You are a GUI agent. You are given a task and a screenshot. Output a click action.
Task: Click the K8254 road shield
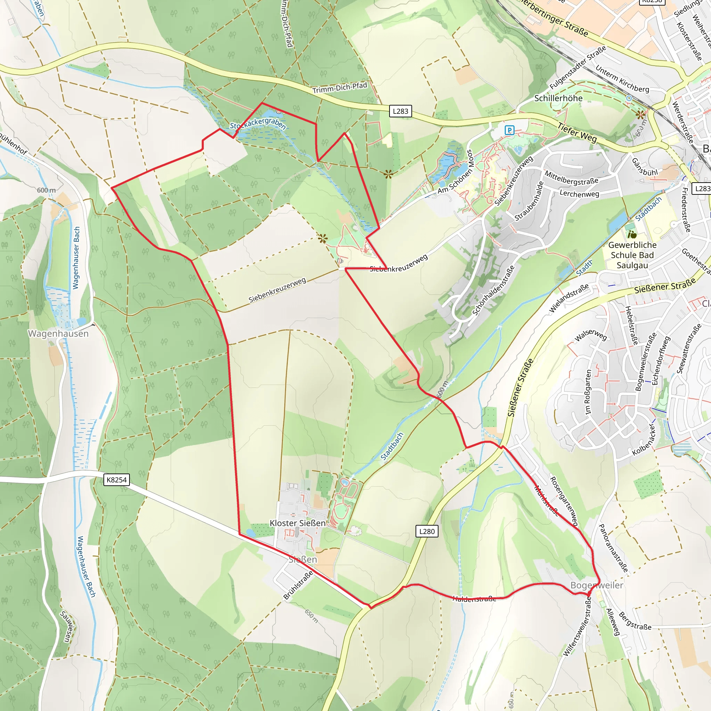pyautogui.click(x=116, y=480)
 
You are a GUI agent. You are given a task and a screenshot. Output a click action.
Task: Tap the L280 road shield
pyautogui.click(x=427, y=532)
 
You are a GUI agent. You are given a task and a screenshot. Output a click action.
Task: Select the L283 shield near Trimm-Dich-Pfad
pyautogui.click(x=400, y=111)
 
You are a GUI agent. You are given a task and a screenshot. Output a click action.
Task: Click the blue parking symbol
pyautogui.click(x=509, y=130)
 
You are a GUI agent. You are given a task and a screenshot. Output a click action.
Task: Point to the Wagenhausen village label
pyautogui.click(x=58, y=334)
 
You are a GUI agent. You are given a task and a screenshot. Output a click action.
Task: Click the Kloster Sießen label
pyautogui.click(x=298, y=523)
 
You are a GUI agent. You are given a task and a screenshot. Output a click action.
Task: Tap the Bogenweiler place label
pyautogui.click(x=596, y=585)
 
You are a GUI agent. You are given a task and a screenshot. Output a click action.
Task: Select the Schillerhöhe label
pyautogui.click(x=558, y=98)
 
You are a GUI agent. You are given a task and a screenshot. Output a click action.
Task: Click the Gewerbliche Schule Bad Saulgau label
pyautogui.click(x=632, y=255)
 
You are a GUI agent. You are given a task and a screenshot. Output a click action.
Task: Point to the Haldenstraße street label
pyautogui.click(x=474, y=599)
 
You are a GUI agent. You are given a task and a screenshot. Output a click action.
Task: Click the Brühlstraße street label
pyautogui.click(x=298, y=585)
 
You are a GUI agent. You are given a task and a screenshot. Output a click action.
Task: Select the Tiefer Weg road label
pyautogui.click(x=577, y=133)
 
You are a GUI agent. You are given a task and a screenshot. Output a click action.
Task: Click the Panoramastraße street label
pyautogui.click(x=613, y=548)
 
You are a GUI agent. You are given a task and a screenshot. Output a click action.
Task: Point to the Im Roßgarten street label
pyautogui.click(x=588, y=392)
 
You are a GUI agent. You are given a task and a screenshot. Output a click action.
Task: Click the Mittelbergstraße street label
pyautogui.click(x=571, y=178)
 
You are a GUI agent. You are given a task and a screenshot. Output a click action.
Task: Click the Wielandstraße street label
pyautogui.click(x=569, y=299)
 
